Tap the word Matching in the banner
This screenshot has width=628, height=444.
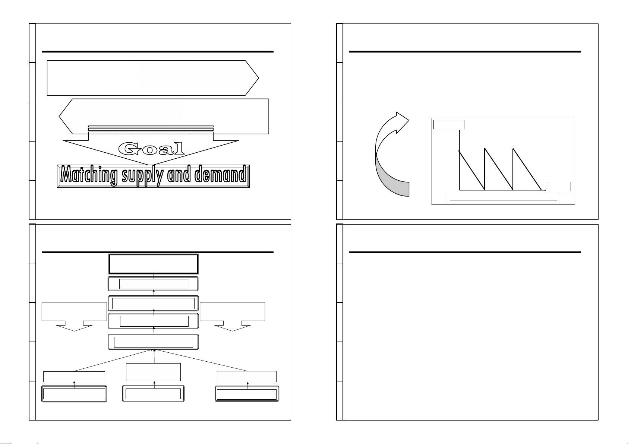click(x=86, y=175)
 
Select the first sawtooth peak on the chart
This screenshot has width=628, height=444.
click(x=459, y=151)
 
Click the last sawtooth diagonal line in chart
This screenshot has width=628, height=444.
click(x=527, y=169)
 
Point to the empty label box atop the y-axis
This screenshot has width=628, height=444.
click(x=449, y=124)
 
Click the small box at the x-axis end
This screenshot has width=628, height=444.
click(x=559, y=186)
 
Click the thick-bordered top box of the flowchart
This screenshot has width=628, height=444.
click(x=153, y=264)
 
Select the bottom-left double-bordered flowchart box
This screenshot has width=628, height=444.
click(x=74, y=394)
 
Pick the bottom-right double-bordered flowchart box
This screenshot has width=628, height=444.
click(x=247, y=394)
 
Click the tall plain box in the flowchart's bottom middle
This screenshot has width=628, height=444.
click(x=154, y=372)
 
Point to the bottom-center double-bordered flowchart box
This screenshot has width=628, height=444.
click(x=154, y=394)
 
